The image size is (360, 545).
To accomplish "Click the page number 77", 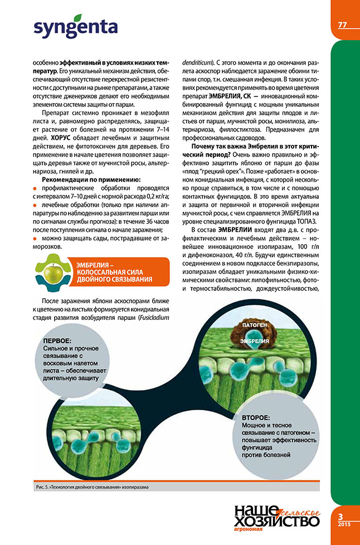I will (343, 25).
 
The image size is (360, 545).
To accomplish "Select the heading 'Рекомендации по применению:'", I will (92, 179).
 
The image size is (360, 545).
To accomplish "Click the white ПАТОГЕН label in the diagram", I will (254, 324).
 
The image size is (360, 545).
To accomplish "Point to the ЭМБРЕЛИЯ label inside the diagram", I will (255, 340).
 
